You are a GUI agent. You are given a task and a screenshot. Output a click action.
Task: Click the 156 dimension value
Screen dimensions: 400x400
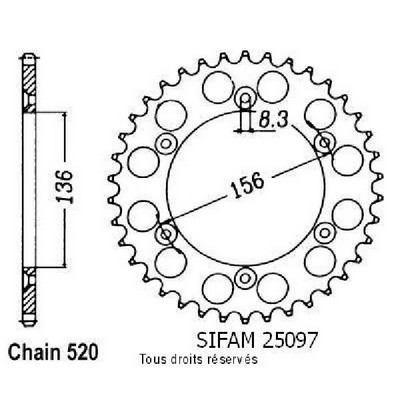[x=247, y=185]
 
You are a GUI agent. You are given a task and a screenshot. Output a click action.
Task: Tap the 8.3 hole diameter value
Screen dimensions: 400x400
[x=273, y=120]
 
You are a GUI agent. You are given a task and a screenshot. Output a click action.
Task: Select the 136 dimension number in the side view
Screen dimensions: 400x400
[x=64, y=187]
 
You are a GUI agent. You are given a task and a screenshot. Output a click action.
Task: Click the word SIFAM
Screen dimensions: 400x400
[x=226, y=339]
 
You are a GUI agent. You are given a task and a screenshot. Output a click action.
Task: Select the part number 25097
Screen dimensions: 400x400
[x=288, y=339]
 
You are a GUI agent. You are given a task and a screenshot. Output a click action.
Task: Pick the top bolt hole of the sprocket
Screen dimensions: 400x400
[x=245, y=98]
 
